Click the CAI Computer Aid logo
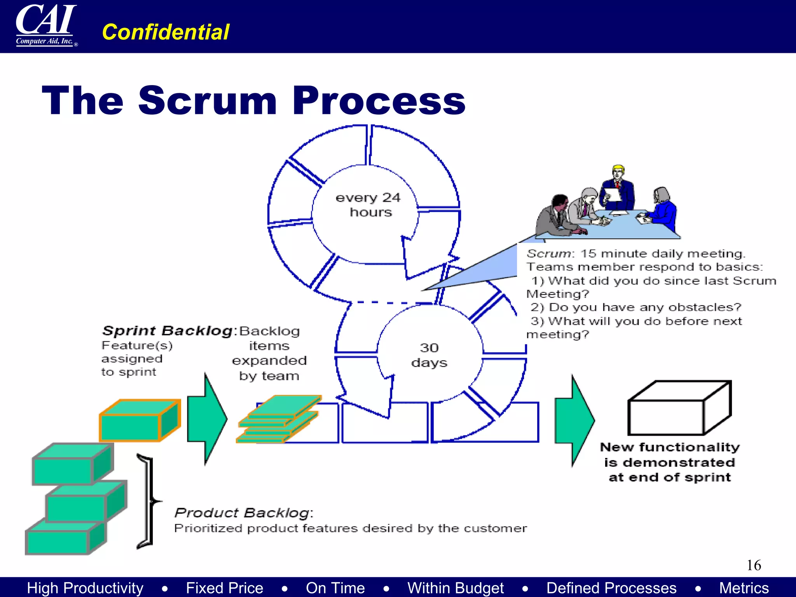click(46, 26)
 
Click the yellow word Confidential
click(166, 32)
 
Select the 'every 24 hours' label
click(368, 205)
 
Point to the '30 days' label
click(429, 355)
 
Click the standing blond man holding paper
click(618, 187)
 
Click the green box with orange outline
click(140, 421)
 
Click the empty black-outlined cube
click(679, 408)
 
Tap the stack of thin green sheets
click(279, 419)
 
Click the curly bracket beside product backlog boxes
click(147, 501)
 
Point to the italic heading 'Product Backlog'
click(243, 513)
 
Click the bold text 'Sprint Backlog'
click(168, 331)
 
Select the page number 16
click(754, 565)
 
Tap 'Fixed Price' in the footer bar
click(224, 588)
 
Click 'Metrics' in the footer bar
click(744, 588)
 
